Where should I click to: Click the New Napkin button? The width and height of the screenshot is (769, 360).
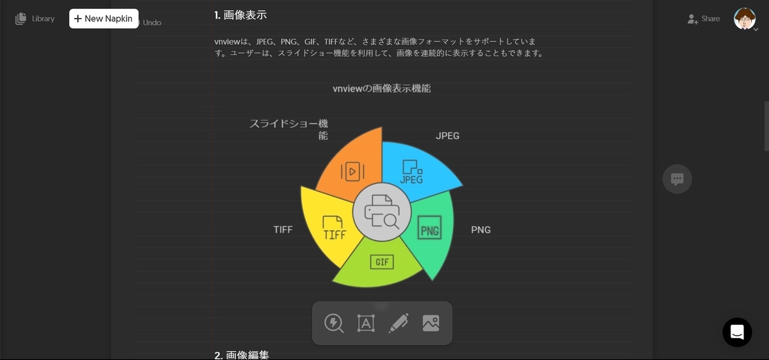[104, 19]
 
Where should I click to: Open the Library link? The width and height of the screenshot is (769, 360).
[35, 19]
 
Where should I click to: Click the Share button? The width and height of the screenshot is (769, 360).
[704, 19]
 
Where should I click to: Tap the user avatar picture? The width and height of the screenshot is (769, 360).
[744, 19]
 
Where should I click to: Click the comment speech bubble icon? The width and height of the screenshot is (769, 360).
[677, 179]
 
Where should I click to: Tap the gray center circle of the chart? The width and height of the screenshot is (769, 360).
[382, 212]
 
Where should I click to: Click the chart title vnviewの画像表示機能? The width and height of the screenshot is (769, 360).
[382, 88]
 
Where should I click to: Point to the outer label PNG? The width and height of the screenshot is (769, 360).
[481, 229]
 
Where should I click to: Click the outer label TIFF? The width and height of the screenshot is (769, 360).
[283, 229]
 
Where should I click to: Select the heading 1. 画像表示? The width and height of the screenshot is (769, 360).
[240, 14]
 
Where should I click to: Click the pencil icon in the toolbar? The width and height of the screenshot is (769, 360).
[398, 323]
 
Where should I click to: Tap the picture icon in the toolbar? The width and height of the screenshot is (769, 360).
[431, 323]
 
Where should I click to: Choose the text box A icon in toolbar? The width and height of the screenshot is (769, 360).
[366, 323]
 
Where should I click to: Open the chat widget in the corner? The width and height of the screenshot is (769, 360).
[737, 332]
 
